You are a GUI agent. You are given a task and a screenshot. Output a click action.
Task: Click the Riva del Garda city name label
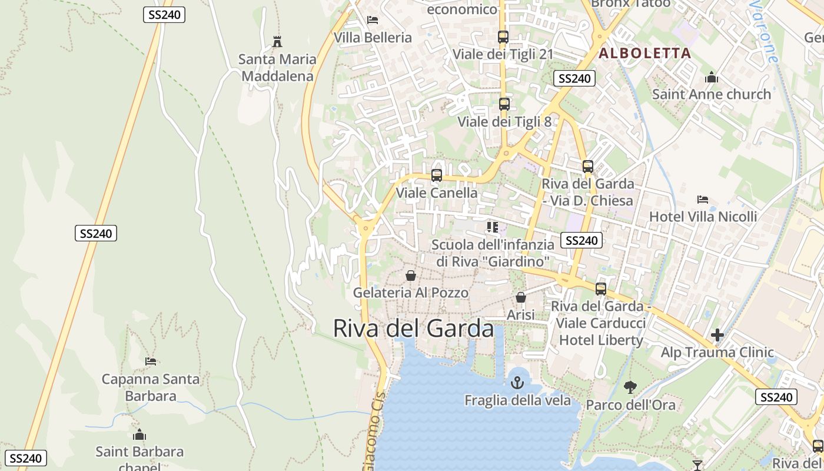[413, 329]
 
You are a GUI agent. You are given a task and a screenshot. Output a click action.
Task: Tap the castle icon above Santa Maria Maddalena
[277, 42]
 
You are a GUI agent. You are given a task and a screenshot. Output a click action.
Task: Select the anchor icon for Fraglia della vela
[517, 383]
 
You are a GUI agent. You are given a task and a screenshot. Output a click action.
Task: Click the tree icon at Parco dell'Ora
[630, 387]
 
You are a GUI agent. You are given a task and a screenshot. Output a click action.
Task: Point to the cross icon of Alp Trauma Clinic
[717, 335]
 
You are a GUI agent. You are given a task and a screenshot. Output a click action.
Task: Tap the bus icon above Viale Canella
[437, 175]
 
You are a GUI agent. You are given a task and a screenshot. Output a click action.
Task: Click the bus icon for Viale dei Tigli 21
[503, 37]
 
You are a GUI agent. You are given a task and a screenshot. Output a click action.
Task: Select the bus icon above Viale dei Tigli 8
[504, 104]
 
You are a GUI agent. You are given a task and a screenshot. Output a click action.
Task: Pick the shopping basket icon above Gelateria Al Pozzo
[411, 275]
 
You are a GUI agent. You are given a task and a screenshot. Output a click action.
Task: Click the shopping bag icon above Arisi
[520, 297]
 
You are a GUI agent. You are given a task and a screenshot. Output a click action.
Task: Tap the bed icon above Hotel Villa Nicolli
[703, 199]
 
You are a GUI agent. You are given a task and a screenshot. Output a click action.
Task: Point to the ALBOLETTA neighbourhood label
[644, 54]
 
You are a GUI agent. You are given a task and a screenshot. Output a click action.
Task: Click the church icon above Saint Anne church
[711, 77]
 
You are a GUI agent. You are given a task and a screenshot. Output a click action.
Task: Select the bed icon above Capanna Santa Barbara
[151, 361]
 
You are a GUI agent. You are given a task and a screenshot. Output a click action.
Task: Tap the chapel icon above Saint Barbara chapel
[139, 434]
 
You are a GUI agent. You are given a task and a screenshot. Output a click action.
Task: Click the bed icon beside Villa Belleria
[372, 20]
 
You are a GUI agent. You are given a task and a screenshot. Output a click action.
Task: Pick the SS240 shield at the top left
[164, 15]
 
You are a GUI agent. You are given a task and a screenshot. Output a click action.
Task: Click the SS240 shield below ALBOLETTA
[574, 78]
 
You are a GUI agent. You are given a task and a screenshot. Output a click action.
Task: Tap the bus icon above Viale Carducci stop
[600, 288]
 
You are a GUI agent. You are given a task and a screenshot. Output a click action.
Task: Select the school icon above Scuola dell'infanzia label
[493, 227]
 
